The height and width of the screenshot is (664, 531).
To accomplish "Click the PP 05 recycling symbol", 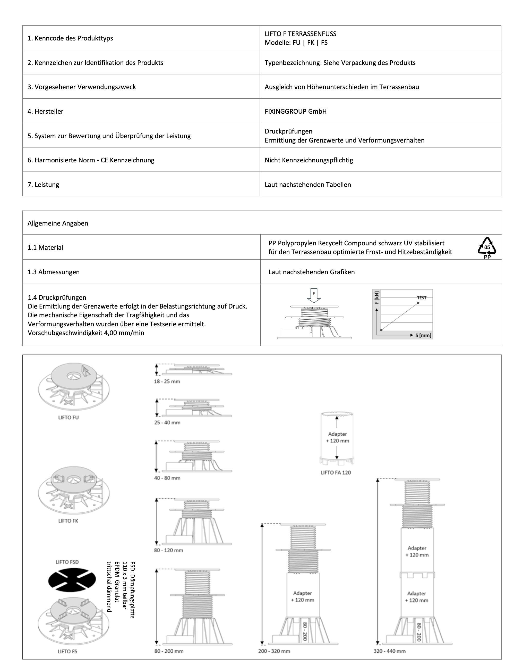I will click(x=487, y=248).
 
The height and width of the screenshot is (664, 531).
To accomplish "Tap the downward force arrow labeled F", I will click(x=314, y=296).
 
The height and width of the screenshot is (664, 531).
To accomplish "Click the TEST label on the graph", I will click(x=422, y=298).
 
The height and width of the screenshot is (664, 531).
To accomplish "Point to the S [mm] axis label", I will click(x=423, y=335).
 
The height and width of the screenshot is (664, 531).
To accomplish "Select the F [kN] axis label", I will click(x=376, y=297).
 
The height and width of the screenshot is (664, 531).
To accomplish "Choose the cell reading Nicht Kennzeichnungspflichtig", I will click(x=309, y=160).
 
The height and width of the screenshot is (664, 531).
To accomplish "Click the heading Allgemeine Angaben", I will click(x=58, y=223).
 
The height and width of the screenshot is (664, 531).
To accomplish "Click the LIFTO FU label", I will click(x=68, y=417).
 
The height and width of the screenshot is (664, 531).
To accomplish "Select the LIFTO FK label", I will click(x=68, y=521).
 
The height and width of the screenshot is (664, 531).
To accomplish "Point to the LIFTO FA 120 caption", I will click(x=335, y=472).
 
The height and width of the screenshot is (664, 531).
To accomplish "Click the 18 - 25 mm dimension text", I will click(x=167, y=381).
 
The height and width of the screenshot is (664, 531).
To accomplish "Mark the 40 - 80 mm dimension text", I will click(x=167, y=478).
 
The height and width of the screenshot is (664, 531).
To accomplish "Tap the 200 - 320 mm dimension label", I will click(x=274, y=651).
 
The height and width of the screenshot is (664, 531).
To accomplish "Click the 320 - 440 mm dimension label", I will click(x=389, y=651).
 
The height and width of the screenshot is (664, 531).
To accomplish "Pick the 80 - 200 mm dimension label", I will click(x=169, y=651).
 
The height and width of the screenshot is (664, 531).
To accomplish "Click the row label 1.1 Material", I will click(x=45, y=248).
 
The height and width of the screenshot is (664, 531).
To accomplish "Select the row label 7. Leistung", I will click(x=43, y=185).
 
